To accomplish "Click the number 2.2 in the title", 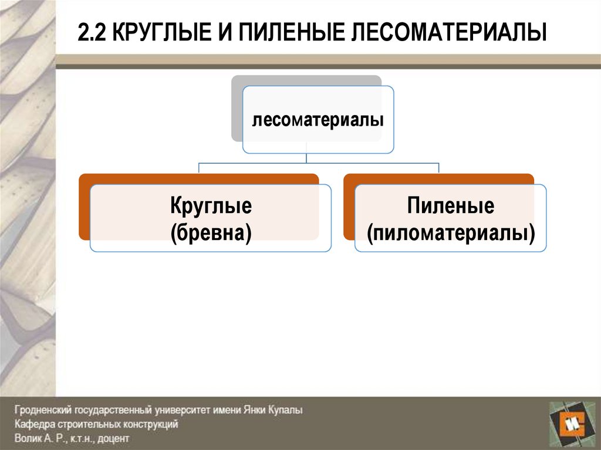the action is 93,33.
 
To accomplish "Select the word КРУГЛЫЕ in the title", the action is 155,33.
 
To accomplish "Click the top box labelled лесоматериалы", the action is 318,121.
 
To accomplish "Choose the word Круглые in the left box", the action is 211,207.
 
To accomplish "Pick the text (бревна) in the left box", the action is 211,232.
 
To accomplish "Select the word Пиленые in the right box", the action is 451,207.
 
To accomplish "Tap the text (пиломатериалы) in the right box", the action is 451,232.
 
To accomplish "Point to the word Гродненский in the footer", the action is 40,411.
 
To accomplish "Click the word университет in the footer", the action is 175,411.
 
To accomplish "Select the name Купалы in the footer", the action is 285,411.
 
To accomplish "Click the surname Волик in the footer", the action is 27,438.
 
